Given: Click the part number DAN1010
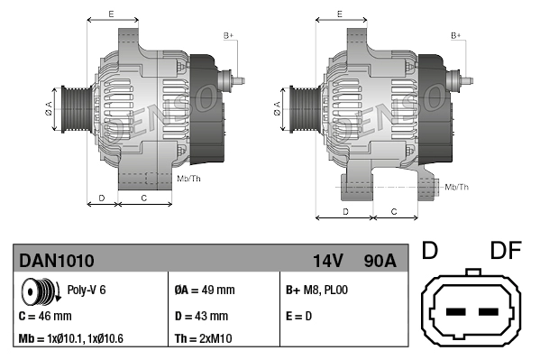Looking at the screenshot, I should [x=56, y=261].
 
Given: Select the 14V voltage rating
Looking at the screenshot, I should [x=327, y=261].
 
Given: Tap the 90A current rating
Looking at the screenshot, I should [x=379, y=261].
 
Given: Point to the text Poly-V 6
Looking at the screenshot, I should [x=87, y=291].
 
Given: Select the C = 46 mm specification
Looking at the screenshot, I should [x=45, y=317].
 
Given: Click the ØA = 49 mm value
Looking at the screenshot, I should [x=204, y=291].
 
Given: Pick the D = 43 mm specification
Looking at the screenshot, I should [x=202, y=317].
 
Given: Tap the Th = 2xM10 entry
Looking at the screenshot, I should [x=203, y=339].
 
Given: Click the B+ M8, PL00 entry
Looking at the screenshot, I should [x=316, y=291].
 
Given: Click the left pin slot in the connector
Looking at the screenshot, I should [x=456, y=313].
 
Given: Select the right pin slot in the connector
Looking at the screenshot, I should [x=490, y=313].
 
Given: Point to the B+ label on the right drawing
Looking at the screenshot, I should [x=456, y=35].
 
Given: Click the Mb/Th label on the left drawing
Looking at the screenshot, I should [x=189, y=179].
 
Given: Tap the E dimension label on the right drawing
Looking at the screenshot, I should [x=338, y=14].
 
